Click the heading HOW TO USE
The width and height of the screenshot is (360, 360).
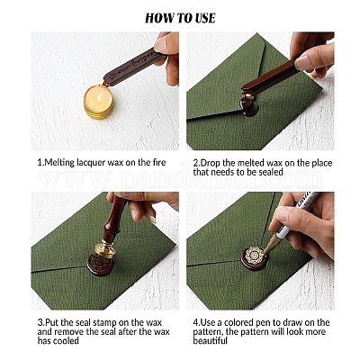pyautogui.click(x=180, y=18)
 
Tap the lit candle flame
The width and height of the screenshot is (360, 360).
pyautogui.click(x=98, y=96)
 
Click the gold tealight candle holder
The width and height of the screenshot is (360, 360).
pyautogui.click(x=99, y=103)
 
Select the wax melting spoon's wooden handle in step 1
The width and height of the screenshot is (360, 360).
pyautogui.click(x=133, y=68)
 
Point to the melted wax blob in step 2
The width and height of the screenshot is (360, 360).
pyautogui.click(x=248, y=106)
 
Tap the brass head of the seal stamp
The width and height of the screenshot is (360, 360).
pyautogui.click(x=105, y=248)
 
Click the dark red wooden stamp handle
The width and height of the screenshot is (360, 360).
pyautogui.click(x=115, y=218)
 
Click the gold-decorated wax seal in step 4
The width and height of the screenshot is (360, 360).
pyautogui.click(x=254, y=258)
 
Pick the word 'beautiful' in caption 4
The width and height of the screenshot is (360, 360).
pyautogui.click(x=211, y=340)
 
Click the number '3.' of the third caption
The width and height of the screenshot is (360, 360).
pyautogui.click(x=40, y=323)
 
